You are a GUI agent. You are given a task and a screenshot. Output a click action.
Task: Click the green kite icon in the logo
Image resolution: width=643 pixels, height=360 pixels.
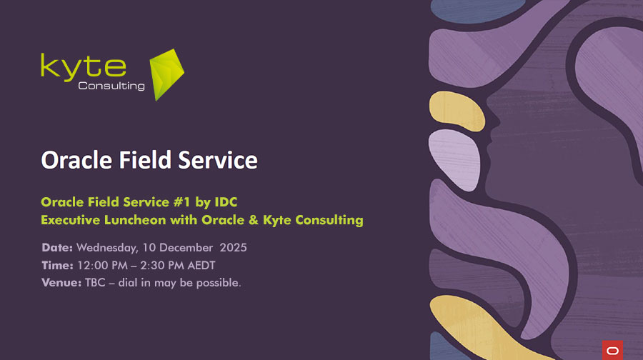click(x=166, y=74)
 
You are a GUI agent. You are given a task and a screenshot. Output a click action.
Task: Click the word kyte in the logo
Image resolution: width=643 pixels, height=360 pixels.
click(x=83, y=66)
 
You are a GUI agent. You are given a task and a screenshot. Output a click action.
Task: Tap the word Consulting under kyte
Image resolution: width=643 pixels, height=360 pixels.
click(x=111, y=86)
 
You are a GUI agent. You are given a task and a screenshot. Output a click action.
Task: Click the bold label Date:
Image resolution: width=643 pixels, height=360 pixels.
click(x=57, y=248)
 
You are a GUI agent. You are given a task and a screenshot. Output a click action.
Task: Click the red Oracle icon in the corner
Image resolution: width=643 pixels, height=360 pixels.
click(x=612, y=349)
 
